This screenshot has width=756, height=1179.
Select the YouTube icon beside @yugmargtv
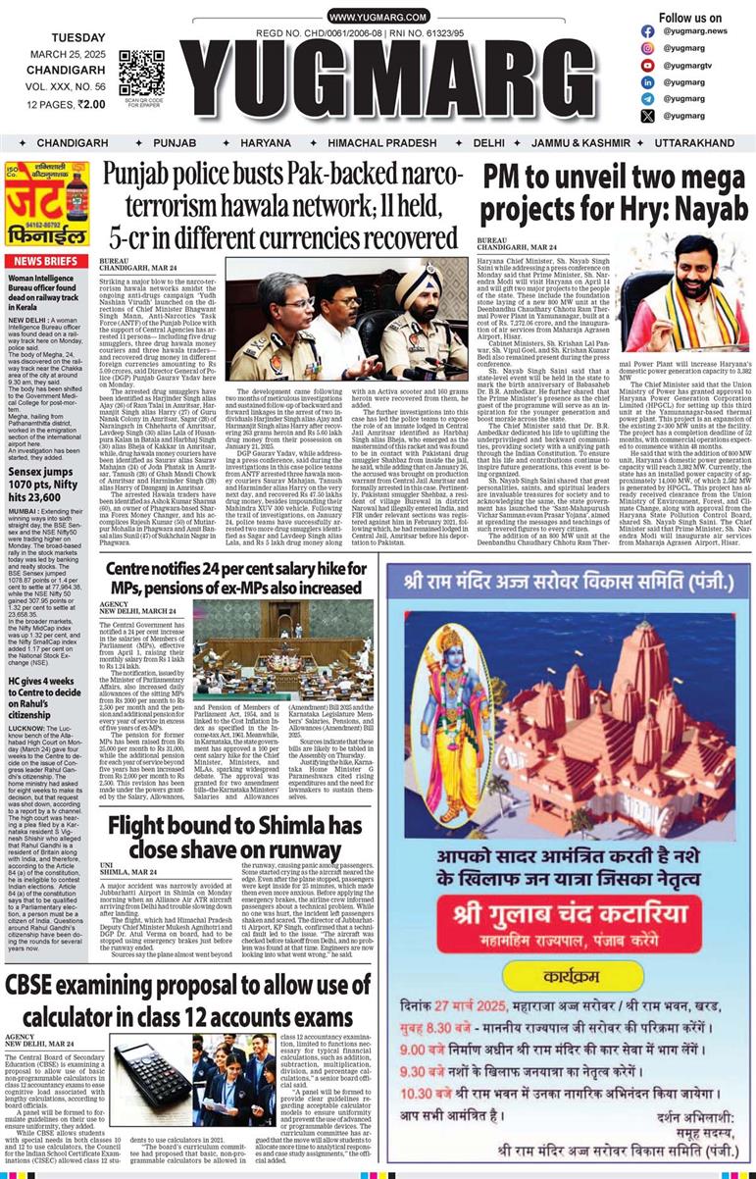[x=648, y=65]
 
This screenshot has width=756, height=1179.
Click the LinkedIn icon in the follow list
[x=648, y=81]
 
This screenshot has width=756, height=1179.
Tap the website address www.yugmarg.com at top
[x=378, y=18]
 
